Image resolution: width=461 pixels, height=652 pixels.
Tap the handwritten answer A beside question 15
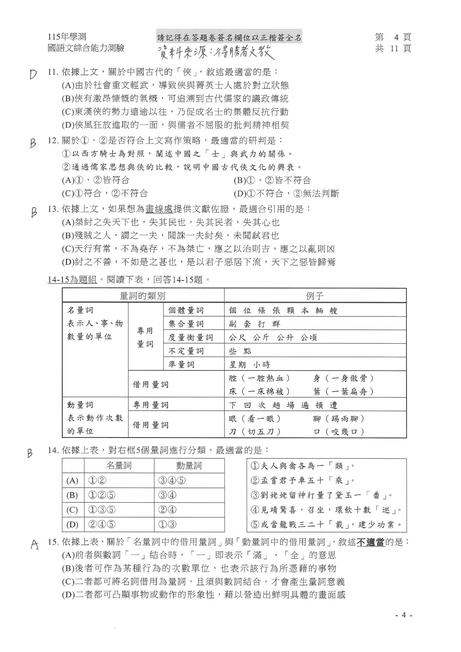(35, 544)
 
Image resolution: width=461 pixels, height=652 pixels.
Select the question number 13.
(53, 209)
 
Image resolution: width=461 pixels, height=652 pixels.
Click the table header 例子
(315, 296)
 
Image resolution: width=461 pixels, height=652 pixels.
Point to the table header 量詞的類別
(143, 296)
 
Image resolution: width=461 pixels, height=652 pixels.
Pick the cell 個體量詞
(186, 310)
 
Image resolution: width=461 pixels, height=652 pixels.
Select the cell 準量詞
(182, 364)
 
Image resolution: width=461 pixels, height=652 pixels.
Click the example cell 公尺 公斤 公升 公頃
(273, 337)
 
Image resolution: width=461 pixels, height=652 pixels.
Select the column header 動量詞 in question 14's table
(189, 466)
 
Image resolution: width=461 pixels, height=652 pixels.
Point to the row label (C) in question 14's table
(72, 510)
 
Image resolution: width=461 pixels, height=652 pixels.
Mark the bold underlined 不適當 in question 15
(370, 542)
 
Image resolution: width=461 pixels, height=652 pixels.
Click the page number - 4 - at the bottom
(403, 615)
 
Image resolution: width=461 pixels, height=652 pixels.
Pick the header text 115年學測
(67, 37)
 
